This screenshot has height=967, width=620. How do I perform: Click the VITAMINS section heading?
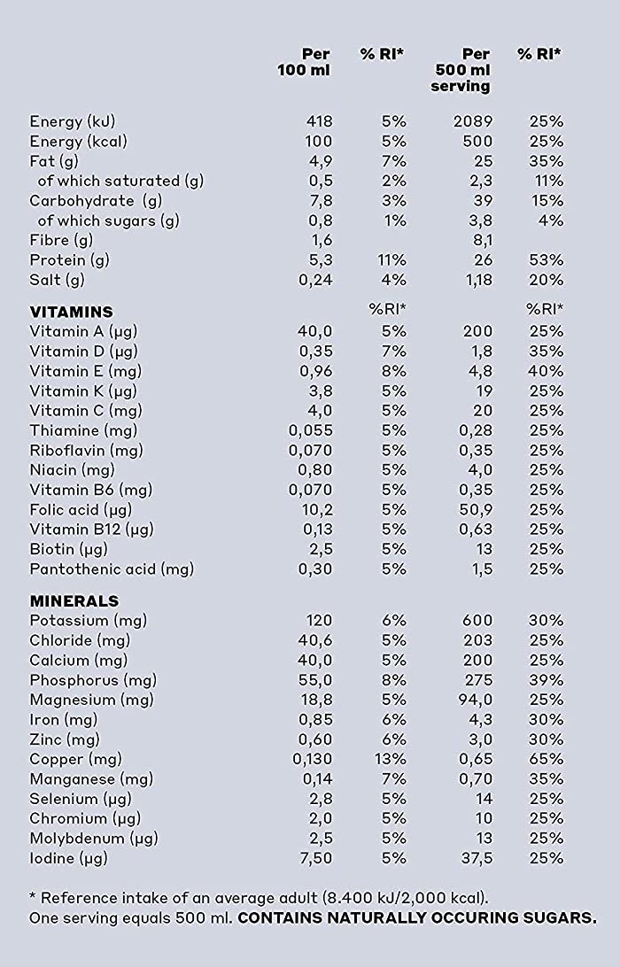pos(72,312)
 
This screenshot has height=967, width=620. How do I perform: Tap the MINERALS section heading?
pos(74,600)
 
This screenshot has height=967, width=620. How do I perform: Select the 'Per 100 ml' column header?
pos(304,62)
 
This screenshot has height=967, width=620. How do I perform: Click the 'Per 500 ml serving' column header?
pos(461,70)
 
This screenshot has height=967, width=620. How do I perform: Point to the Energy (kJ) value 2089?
pos(473,121)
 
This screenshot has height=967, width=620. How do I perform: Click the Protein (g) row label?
pos(69,260)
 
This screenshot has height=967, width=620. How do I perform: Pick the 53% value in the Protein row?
pos(546,259)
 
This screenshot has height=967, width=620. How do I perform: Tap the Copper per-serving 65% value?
pos(546,759)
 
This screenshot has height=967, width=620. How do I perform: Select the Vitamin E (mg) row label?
pos(85,371)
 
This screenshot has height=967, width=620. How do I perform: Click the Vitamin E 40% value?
pos(546,371)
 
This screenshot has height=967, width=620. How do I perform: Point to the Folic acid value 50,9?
pos(476,509)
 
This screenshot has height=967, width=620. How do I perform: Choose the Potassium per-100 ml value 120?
pos(319,621)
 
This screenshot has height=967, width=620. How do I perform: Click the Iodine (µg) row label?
pos(68,858)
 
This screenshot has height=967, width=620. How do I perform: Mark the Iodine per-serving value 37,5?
pos(476,858)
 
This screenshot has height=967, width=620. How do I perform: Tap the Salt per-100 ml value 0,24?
pos(315,280)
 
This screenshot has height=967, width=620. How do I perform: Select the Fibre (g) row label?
pos(61,240)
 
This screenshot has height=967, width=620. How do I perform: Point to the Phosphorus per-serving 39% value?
pos(546,679)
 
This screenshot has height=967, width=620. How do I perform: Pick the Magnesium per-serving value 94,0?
pos(476,700)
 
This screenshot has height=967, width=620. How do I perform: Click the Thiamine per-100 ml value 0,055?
pos(310,430)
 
